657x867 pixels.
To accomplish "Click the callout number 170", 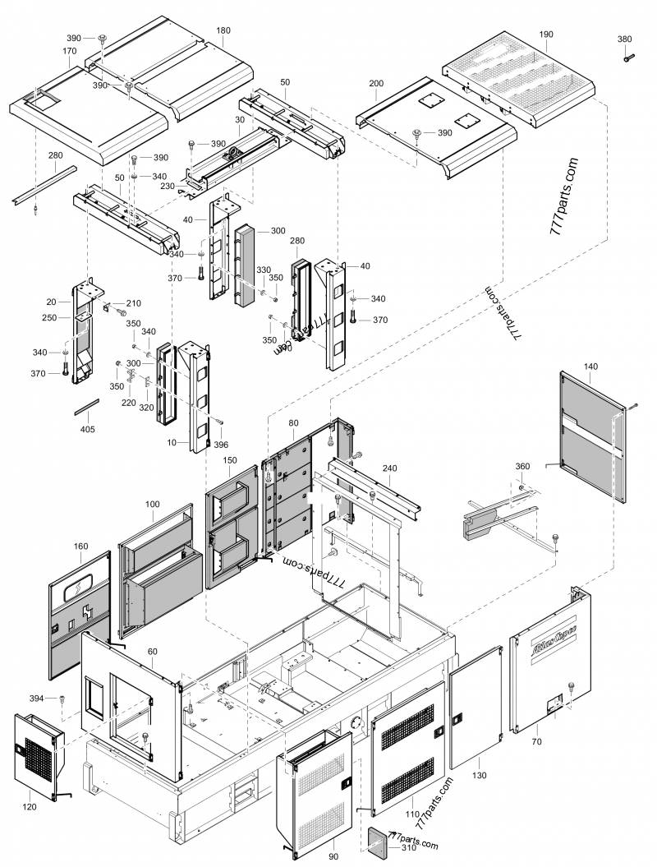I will click(x=69, y=51).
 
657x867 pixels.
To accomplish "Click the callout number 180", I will click(x=223, y=30).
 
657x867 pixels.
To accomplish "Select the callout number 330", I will click(x=264, y=270).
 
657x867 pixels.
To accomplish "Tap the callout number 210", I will click(x=133, y=303).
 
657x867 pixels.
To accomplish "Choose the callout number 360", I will click(x=522, y=466).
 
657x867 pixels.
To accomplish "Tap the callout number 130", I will click(x=480, y=776).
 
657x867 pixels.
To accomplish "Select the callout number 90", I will click(x=333, y=856).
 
